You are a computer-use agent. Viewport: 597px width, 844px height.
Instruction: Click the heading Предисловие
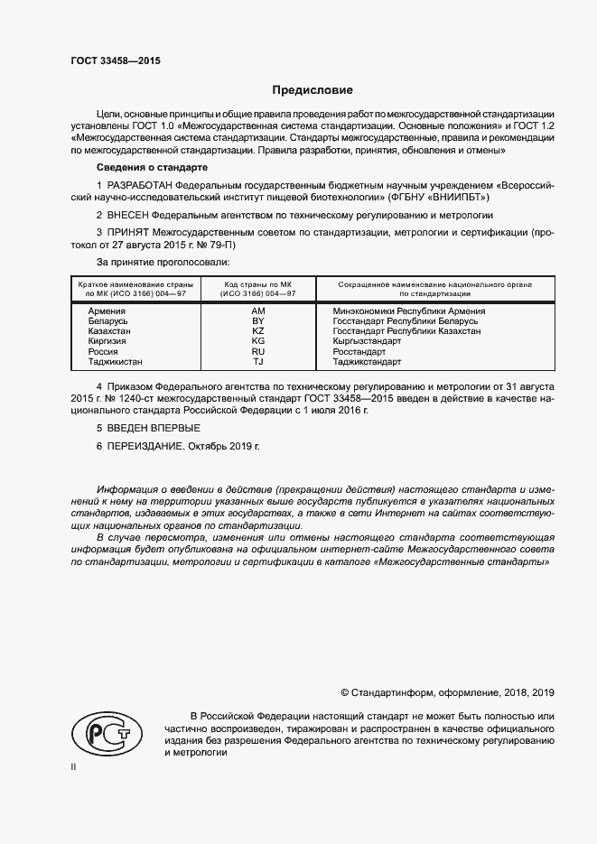pos(312,90)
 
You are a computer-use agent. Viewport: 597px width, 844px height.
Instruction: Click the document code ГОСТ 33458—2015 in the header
pos(116,61)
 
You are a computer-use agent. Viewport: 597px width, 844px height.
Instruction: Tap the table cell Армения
pos(107,311)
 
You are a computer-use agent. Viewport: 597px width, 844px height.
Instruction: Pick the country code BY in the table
pos(257,321)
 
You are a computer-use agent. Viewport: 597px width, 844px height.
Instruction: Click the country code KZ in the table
pos(257,331)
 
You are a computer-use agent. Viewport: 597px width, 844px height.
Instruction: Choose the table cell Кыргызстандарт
pos(368,342)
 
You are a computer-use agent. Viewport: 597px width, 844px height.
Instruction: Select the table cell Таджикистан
pos(116,362)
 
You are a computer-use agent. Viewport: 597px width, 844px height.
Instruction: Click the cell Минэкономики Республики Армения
pos(409,311)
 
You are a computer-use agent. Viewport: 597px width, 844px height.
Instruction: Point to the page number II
pos(73,765)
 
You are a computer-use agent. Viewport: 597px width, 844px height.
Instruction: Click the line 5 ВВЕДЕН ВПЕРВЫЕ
pos(148,427)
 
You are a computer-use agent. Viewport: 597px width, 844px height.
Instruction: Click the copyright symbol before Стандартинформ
pos(344,692)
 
